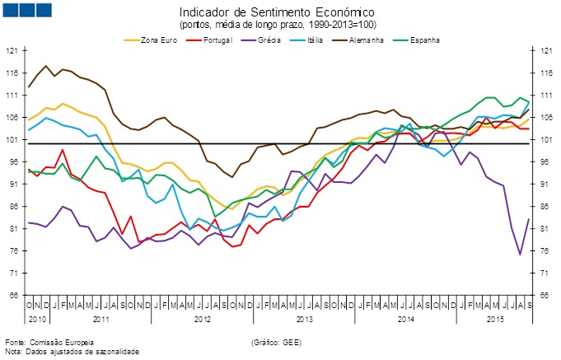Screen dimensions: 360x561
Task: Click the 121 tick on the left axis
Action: click(12, 50)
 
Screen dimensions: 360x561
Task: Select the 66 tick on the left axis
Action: click(12, 295)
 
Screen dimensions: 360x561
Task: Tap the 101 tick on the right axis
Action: click(546, 139)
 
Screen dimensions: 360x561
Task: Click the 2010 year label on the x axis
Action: click(38, 317)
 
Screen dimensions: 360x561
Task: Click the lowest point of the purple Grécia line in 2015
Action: click(520, 255)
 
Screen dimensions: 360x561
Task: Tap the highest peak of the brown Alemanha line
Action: click(46, 66)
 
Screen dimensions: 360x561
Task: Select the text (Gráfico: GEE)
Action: click(277, 341)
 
